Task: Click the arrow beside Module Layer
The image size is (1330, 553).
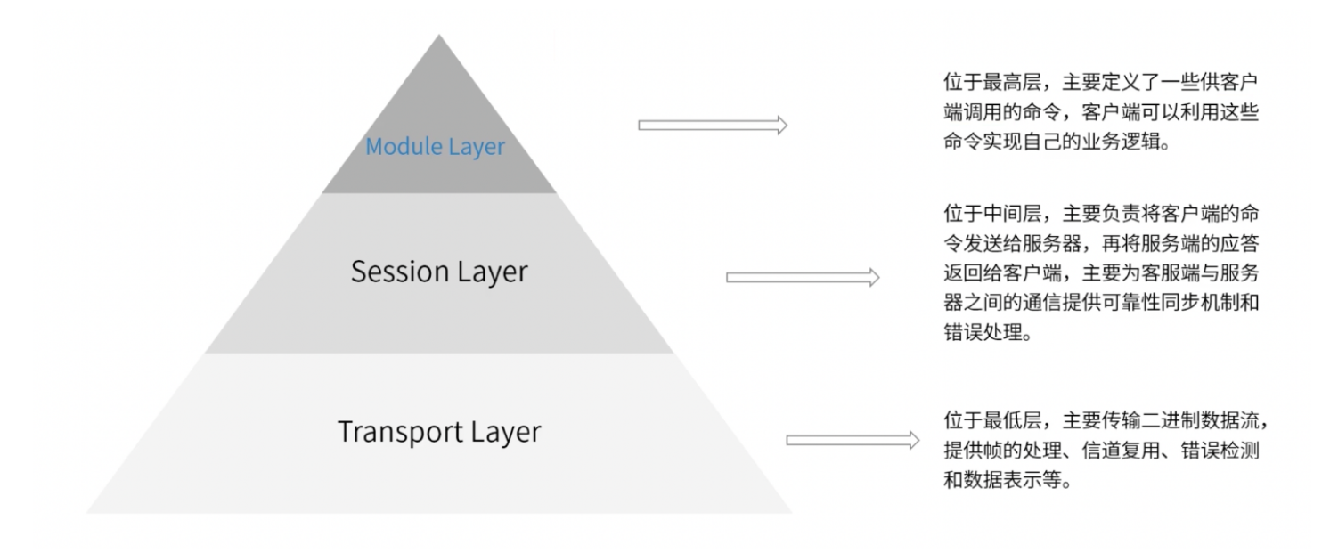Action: click(713, 126)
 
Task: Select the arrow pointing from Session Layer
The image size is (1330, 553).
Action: click(803, 277)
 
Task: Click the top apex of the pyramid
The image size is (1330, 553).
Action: click(439, 37)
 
